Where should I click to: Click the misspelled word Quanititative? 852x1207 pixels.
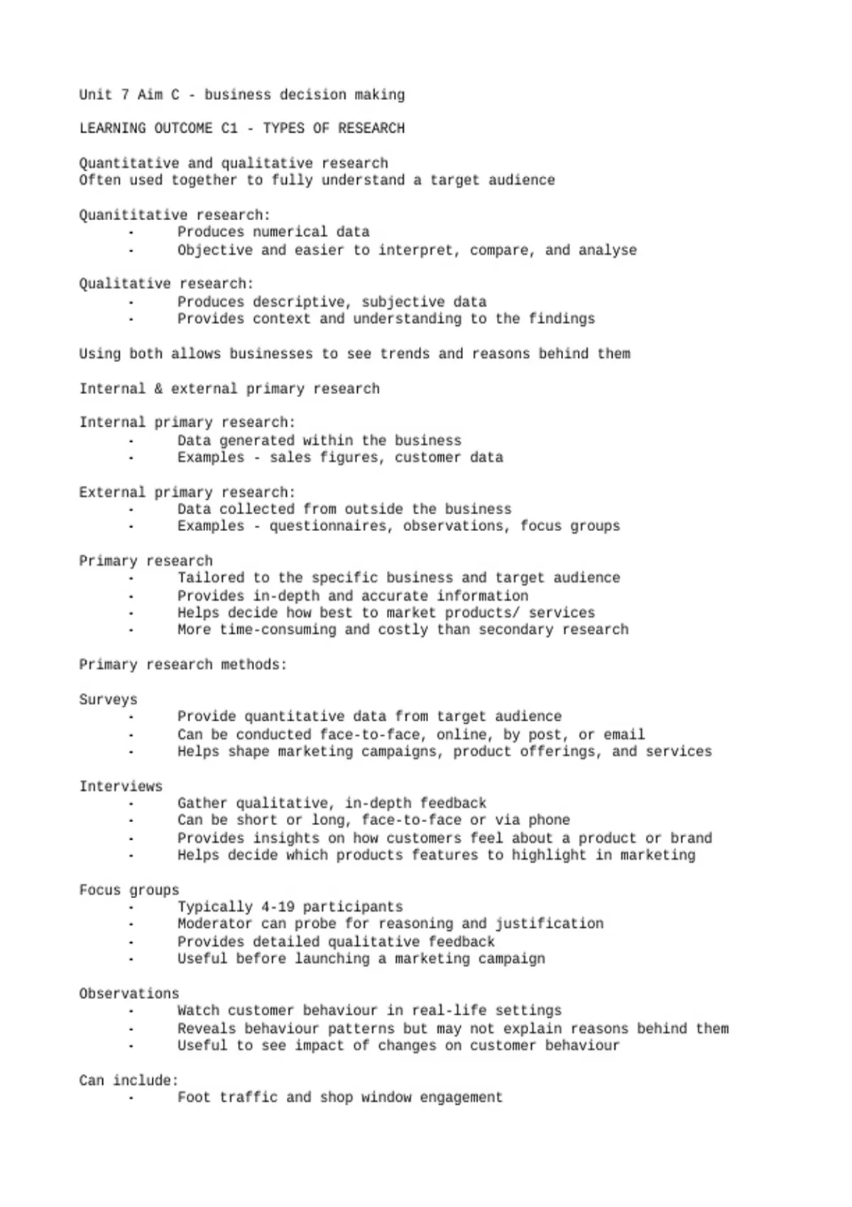(x=133, y=215)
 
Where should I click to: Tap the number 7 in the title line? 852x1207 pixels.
(x=124, y=94)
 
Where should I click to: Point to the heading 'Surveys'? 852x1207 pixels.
(x=108, y=699)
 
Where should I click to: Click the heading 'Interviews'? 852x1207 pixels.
(x=121, y=786)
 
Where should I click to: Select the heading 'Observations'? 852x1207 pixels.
(x=129, y=993)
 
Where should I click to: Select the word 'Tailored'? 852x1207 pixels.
(x=211, y=578)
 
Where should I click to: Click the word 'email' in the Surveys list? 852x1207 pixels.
(x=624, y=734)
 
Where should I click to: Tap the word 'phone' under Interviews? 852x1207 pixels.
(x=549, y=820)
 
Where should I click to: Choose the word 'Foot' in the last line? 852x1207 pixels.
(x=194, y=1097)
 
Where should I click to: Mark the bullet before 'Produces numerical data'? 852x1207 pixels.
(x=131, y=233)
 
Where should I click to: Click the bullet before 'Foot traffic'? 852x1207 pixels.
(x=131, y=1098)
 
